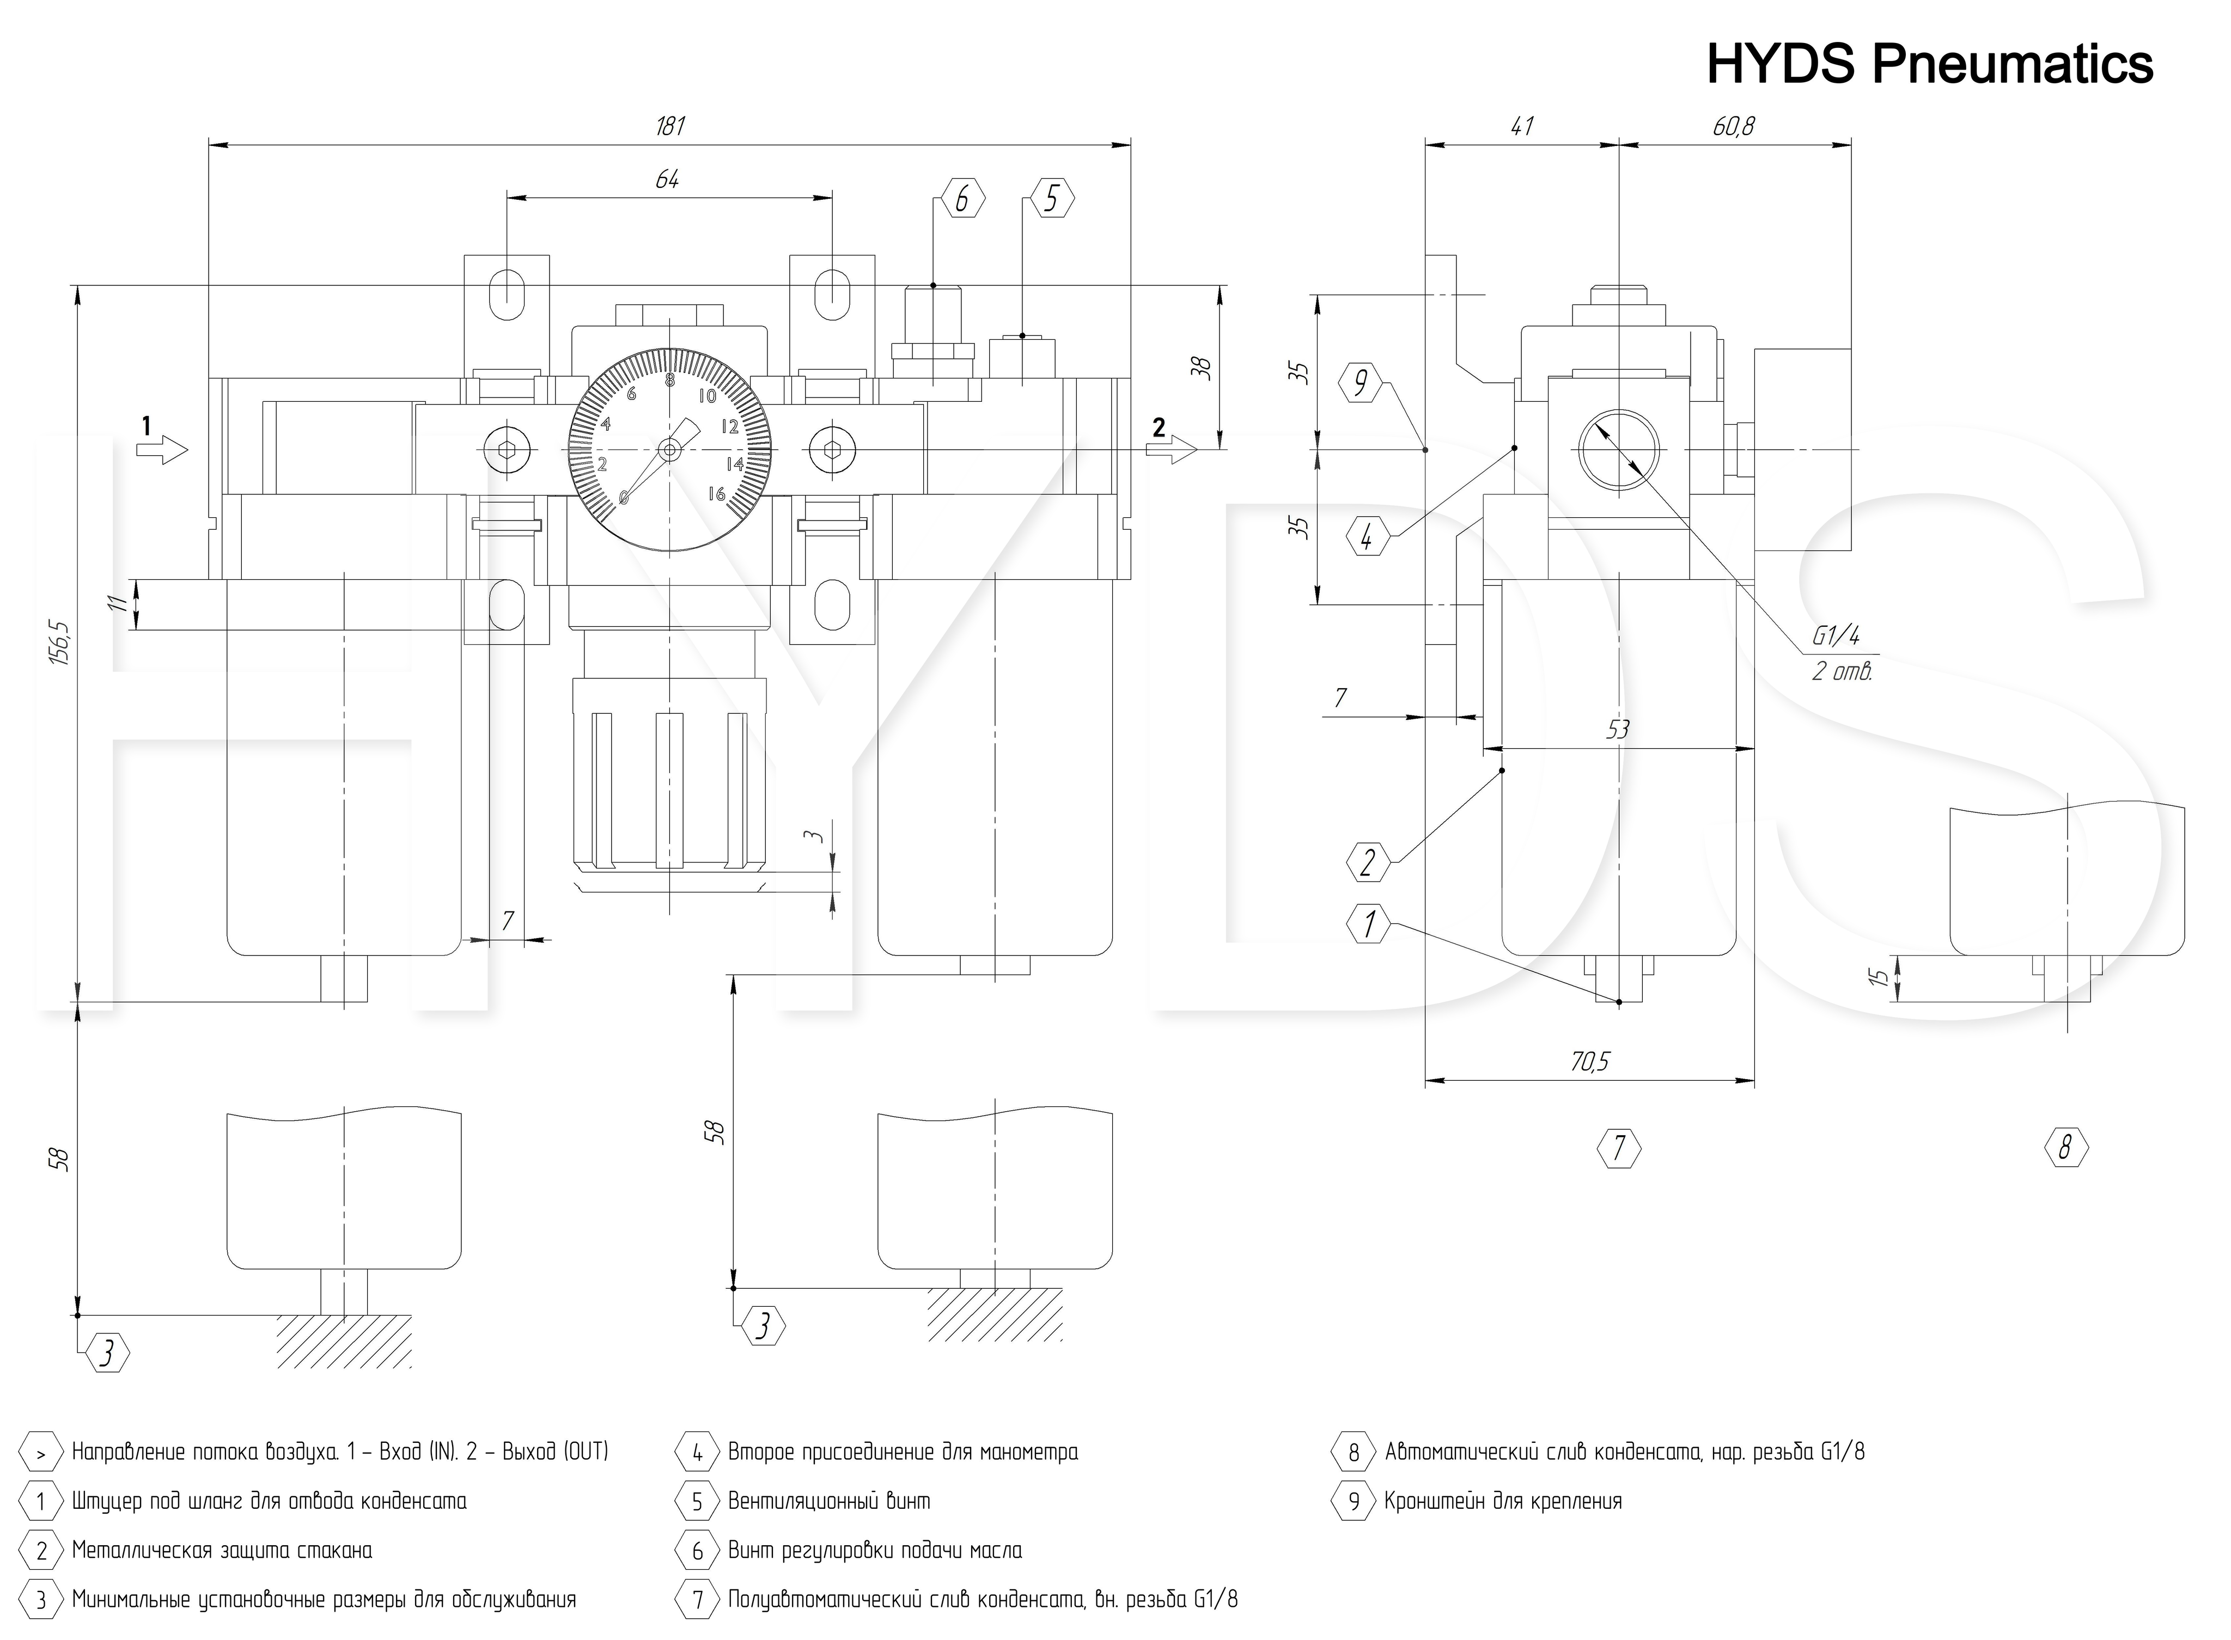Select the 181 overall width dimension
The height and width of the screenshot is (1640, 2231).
[670, 126]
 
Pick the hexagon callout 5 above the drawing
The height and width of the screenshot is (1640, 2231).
[1052, 199]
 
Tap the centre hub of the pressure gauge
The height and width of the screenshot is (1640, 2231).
[669, 451]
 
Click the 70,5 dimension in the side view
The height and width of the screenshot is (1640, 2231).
[1589, 1061]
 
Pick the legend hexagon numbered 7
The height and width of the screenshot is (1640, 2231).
[697, 1599]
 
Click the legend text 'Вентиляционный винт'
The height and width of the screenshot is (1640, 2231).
[829, 1501]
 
